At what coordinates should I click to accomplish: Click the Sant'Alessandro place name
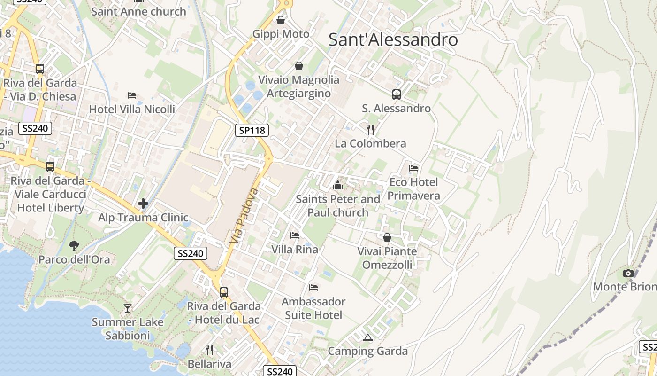[x=393, y=39]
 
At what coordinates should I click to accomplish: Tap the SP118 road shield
[x=252, y=130]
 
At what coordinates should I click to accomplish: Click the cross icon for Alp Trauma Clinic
[x=143, y=204]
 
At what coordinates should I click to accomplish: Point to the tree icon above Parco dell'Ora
[x=74, y=245]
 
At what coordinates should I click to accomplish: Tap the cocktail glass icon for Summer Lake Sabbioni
[x=127, y=308]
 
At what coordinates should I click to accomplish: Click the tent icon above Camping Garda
[x=367, y=337]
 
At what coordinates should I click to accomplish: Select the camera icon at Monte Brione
[x=628, y=273]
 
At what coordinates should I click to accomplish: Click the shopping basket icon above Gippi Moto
[x=281, y=20]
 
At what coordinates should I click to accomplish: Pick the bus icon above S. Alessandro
[x=397, y=94]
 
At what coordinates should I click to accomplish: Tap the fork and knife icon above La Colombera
[x=371, y=129]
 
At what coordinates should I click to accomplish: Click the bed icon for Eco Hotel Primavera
[x=413, y=168]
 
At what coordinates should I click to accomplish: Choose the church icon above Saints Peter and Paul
[x=337, y=185]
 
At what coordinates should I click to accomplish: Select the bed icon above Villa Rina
[x=295, y=235]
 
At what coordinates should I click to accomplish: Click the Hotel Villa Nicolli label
[x=132, y=109]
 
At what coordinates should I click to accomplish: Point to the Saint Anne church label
[x=138, y=11]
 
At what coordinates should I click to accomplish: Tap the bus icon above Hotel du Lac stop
[x=224, y=292]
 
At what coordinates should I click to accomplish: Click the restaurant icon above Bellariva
[x=209, y=350]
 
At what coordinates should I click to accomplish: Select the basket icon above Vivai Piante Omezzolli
[x=387, y=237]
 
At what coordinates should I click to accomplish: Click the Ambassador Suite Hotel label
[x=313, y=308]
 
